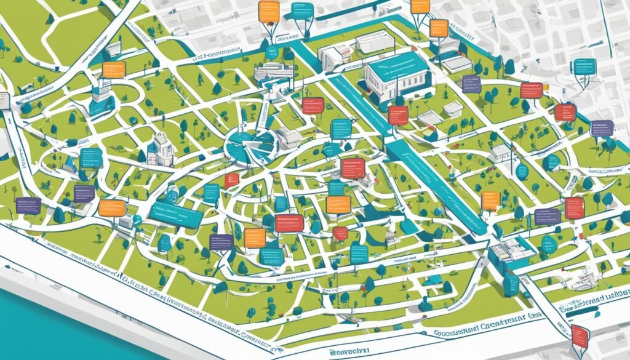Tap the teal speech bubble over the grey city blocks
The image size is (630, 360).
pos(585,67)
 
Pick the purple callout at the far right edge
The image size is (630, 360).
pos(601,128)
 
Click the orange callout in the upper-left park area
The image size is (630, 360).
pos(114,69)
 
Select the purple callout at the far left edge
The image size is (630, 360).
pos(28,206)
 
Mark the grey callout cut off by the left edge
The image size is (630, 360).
pos(4,100)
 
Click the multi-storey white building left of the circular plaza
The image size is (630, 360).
pos(159,148)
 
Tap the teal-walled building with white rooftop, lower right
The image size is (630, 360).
pos(511,252)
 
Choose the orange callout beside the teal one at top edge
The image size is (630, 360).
pos(269,12)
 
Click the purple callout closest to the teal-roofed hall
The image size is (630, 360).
pos(471,83)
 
